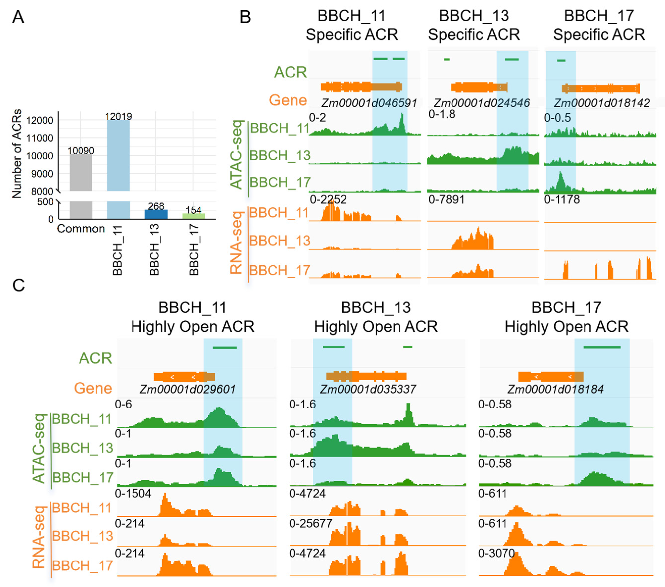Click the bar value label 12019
pyautogui.click(x=118, y=116)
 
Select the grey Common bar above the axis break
pyautogui.click(x=81, y=172)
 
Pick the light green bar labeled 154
pyautogui.click(x=194, y=216)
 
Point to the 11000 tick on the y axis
pyautogui.click(x=39, y=138)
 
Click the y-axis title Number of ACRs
pyautogui.click(x=16, y=153)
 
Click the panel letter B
pyautogui.click(x=245, y=17)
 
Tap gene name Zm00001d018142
pyautogui.click(x=602, y=103)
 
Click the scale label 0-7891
pyautogui.click(x=446, y=199)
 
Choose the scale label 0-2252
pyautogui.click(x=328, y=199)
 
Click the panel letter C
pyautogui.click(x=18, y=285)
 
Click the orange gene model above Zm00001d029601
pyautogui.click(x=184, y=377)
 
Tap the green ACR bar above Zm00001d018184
pyautogui.click(x=602, y=347)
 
